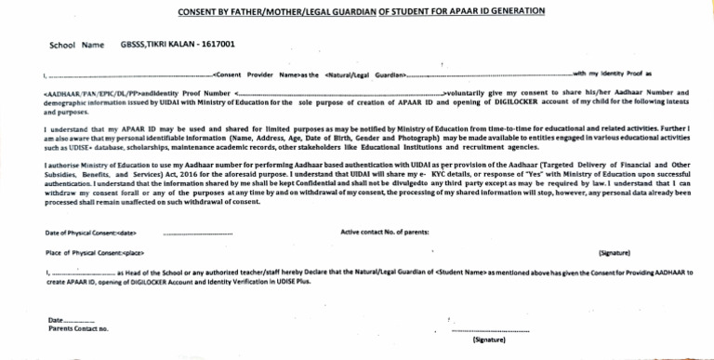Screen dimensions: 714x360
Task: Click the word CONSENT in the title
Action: click(202, 11)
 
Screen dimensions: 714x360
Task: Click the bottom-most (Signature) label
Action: click(489, 340)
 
